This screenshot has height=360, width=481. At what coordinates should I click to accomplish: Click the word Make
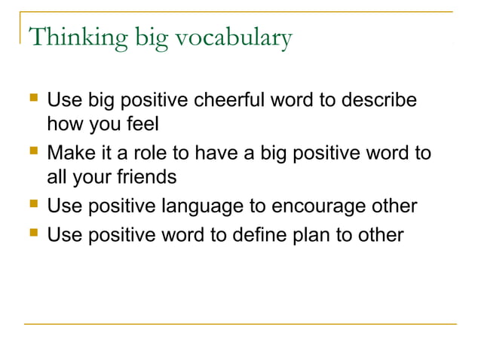[x=69, y=154]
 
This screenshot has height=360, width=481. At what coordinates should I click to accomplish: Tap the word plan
[x=316, y=235]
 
